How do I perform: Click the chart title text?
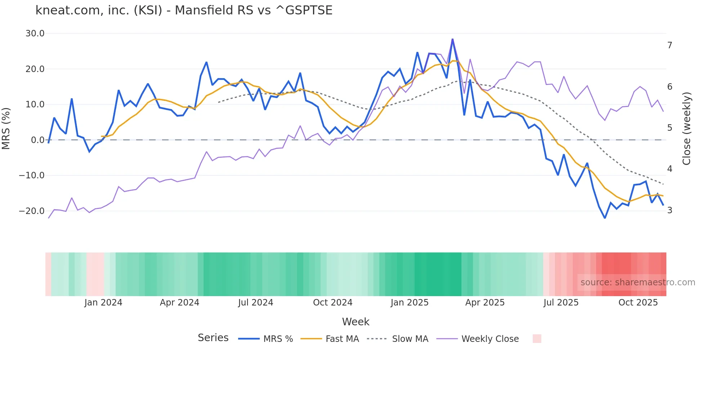[x=184, y=10]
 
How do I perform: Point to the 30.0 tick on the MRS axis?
[x=35, y=34]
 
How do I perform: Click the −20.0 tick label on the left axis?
[x=32, y=211]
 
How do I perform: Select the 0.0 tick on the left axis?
[x=37, y=140]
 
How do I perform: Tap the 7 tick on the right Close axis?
[x=670, y=45]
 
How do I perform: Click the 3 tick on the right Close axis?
[x=670, y=210]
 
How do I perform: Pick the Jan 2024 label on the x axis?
[x=103, y=303]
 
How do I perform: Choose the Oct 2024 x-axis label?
[x=332, y=303]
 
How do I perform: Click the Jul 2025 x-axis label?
[x=561, y=303]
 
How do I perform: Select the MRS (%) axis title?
[x=6, y=129]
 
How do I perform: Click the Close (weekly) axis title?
[x=687, y=129]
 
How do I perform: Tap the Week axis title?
[x=356, y=322]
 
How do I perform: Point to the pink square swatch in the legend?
[x=537, y=339]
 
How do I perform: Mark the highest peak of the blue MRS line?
[x=452, y=39]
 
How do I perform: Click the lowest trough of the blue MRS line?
[x=605, y=218]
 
